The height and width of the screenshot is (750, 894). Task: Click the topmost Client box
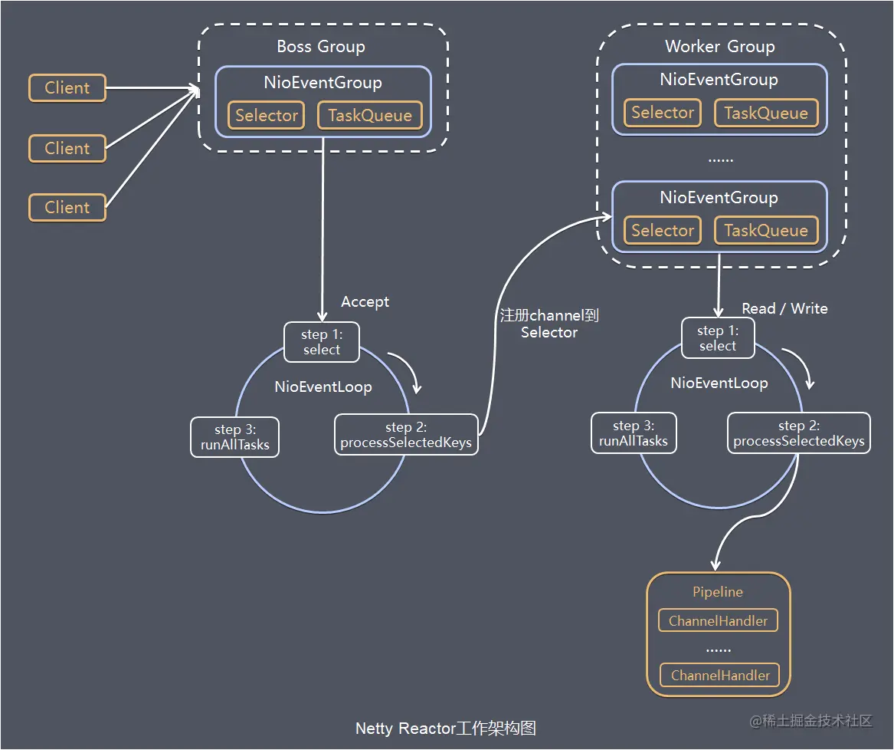coord(67,88)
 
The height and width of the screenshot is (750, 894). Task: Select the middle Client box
coord(67,148)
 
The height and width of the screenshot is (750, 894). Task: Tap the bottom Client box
coord(67,208)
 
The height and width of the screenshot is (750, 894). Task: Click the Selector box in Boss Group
coord(267,116)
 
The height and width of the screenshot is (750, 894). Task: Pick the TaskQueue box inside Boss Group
coord(370,116)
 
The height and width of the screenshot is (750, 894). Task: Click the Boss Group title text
coord(321,47)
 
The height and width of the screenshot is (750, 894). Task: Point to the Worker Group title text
coord(719,47)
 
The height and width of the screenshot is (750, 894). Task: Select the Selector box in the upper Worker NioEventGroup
coord(663,113)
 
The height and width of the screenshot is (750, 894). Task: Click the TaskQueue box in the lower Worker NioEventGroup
coord(766,231)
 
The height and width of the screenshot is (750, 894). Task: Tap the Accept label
coord(365,302)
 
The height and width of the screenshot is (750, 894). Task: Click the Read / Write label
coord(784,308)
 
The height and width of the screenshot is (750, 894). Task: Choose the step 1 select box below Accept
coord(321,342)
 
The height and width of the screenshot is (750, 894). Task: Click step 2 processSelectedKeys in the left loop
coord(406,435)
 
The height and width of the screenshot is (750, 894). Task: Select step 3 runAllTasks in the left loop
coord(235,437)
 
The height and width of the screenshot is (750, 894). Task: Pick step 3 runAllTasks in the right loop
coord(634,433)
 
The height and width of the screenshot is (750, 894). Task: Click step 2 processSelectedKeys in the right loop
coord(798,433)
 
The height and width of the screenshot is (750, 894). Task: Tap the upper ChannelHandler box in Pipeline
coord(719,621)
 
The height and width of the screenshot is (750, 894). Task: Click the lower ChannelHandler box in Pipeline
coord(720,676)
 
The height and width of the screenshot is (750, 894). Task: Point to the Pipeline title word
coord(718,592)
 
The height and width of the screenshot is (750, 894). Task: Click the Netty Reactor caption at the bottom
coord(446,729)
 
